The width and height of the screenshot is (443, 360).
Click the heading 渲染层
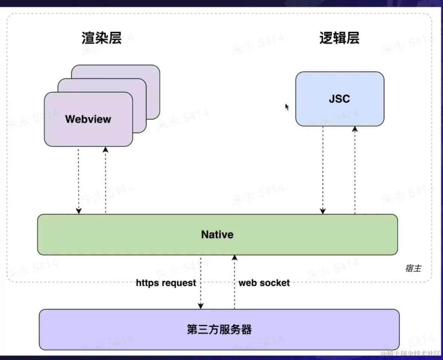(102, 38)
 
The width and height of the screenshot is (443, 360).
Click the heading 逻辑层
(339, 38)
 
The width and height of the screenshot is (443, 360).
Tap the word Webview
(88, 119)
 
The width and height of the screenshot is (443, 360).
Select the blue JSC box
(340, 99)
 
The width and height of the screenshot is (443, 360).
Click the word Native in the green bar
(217, 235)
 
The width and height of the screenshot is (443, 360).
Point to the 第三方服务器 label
(219, 330)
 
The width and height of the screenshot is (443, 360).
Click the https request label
(166, 283)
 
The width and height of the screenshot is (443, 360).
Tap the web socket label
(264, 283)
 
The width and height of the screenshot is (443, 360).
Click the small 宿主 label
(413, 268)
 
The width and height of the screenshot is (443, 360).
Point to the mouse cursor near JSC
(287, 107)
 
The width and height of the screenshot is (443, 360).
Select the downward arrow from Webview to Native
(79, 180)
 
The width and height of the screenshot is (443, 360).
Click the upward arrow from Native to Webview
(106, 180)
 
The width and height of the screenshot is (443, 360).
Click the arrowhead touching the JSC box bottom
(355, 129)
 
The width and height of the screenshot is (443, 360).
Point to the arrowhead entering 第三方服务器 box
(201, 306)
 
